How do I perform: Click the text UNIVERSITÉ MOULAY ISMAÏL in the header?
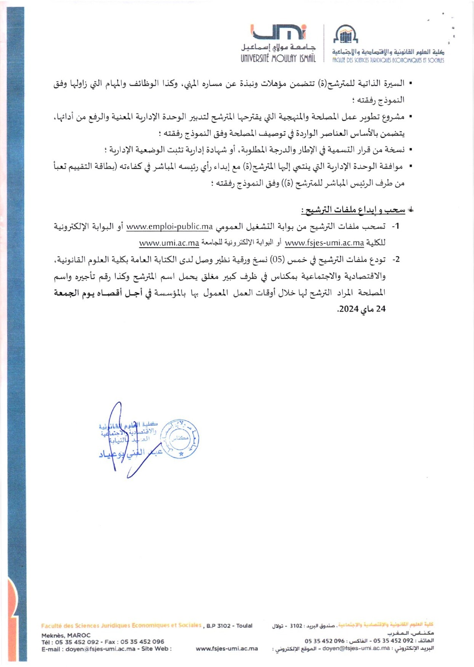278,58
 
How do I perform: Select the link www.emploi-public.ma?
169,226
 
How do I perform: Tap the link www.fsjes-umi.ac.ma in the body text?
324,243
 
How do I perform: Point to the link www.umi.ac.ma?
169,243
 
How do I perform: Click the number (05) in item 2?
277,259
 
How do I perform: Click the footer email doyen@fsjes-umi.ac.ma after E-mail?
100,649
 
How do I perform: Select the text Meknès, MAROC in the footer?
66,635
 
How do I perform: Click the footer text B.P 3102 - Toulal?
229,626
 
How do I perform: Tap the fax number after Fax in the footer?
143,642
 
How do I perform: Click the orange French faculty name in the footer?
121,625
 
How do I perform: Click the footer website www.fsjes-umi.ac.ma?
227,649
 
